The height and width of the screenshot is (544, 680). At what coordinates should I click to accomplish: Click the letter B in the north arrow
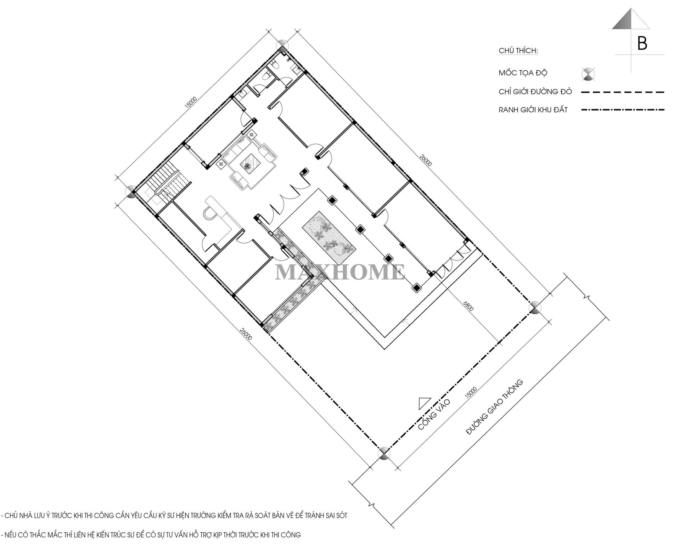(x=642, y=43)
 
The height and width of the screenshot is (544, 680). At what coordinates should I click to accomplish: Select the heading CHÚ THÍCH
(x=518, y=51)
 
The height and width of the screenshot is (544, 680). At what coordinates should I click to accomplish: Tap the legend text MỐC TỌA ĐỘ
(x=523, y=73)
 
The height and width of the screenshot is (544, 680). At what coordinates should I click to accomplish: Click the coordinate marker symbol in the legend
(x=589, y=74)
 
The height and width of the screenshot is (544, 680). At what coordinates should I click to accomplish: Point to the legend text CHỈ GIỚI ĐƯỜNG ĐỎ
(x=535, y=91)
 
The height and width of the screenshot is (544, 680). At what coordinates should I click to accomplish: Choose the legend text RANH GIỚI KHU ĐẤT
(x=533, y=110)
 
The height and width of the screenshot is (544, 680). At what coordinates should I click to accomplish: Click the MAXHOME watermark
(x=340, y=272)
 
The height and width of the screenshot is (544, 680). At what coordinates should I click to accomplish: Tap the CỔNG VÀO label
(x=434, y=414)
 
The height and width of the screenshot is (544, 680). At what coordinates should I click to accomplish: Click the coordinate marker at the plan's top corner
(x=282, y=46)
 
